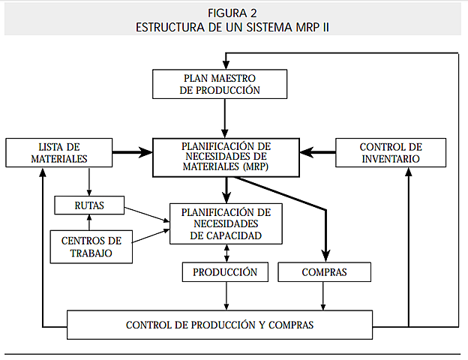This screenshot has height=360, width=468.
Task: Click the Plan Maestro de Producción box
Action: coord(220,84)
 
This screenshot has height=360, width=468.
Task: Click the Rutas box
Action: coord(89,204)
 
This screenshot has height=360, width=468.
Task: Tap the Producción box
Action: coord(225,271)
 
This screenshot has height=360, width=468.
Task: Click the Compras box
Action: coord(324,271)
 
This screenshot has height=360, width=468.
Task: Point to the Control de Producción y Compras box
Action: coord(220,325)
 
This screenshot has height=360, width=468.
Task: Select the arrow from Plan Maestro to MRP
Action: coord(225,117)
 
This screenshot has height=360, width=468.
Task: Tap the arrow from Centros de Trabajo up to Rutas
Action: coord(89,223)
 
